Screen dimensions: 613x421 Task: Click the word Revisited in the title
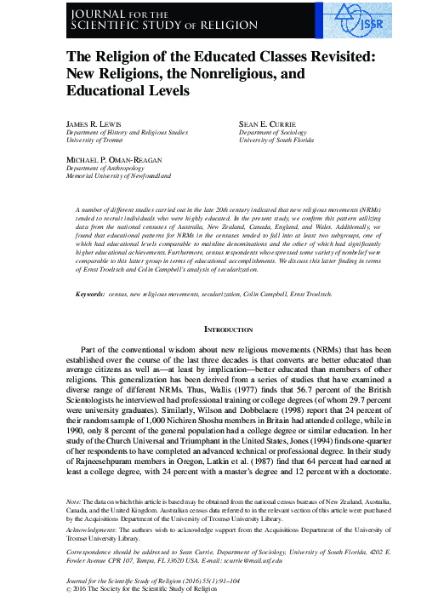coord(328,55)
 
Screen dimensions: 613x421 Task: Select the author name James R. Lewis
coord(94,123)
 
